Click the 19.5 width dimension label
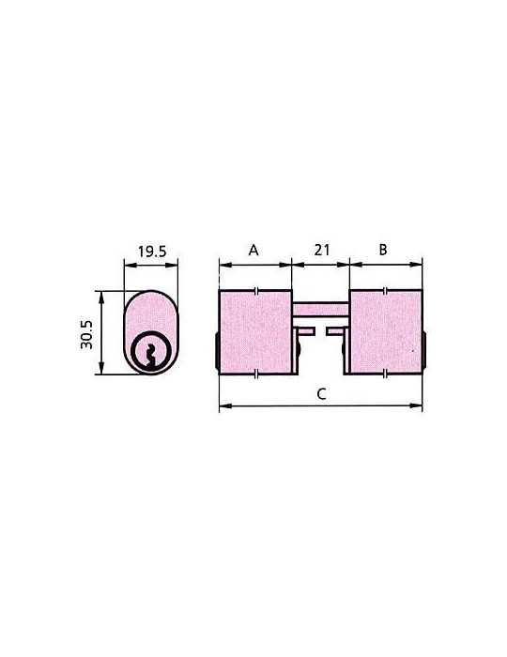152,252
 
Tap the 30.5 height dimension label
86,334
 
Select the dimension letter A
253,251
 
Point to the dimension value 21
321,251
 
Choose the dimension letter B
383,250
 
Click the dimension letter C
321,394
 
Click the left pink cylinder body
255,331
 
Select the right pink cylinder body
385,331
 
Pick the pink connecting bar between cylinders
320,310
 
